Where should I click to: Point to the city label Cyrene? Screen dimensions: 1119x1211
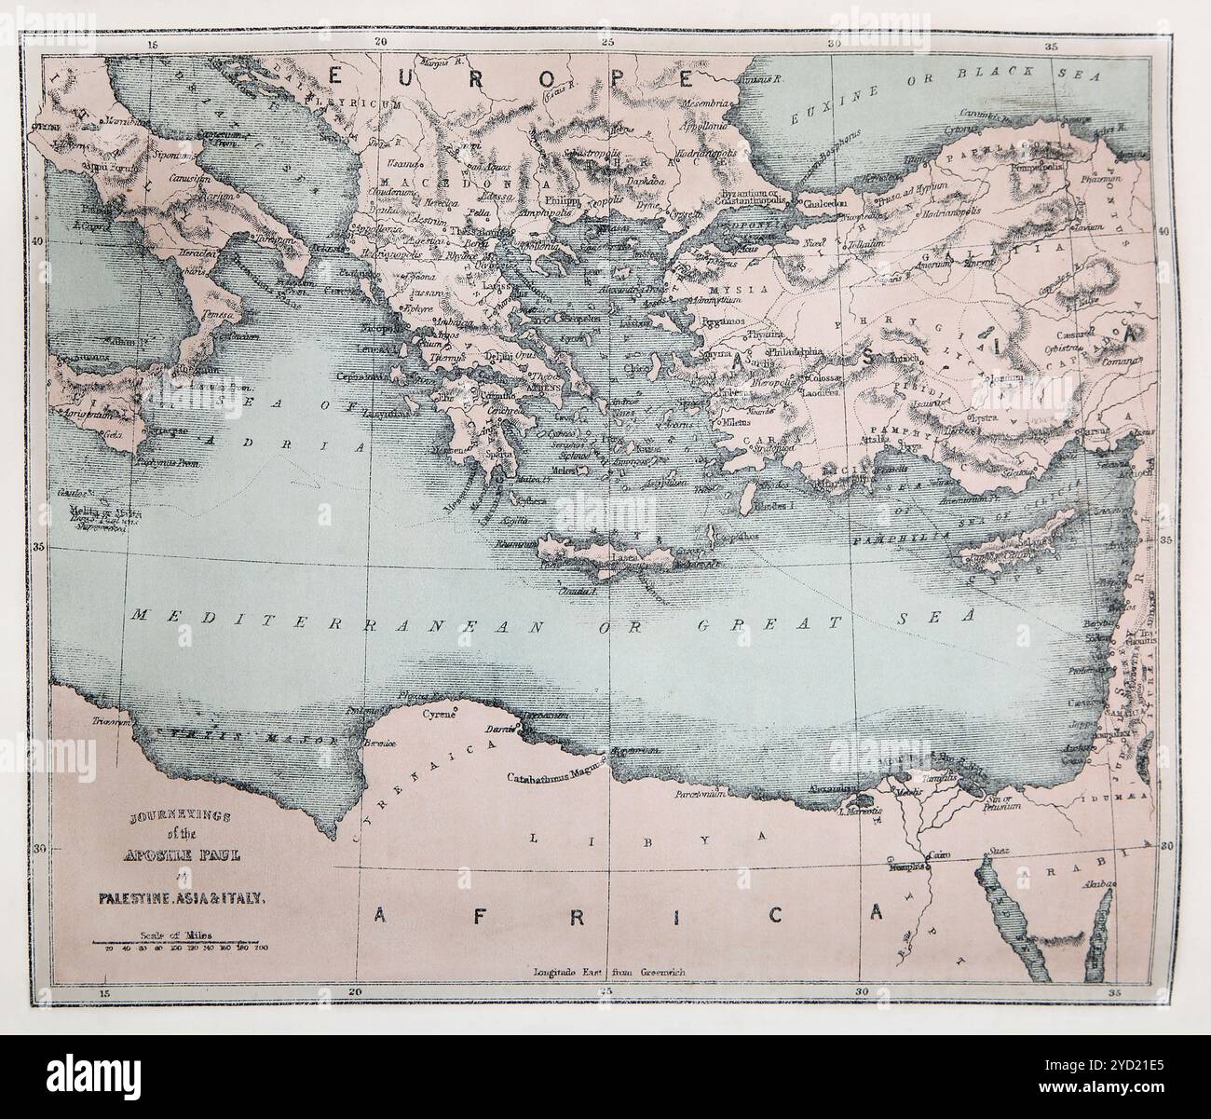pos(441,715)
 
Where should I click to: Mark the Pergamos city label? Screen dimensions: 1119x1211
pos(722,319)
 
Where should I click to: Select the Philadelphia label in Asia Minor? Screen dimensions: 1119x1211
pos(796,352)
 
